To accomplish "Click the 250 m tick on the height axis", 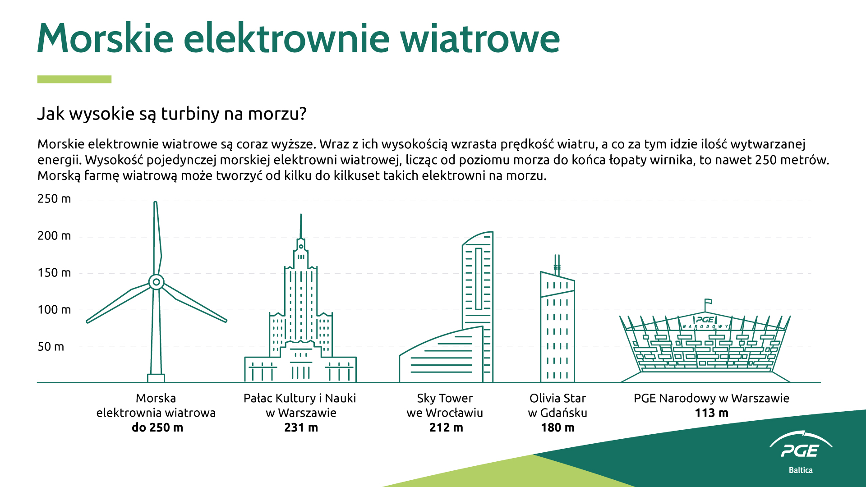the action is tap(54, 199).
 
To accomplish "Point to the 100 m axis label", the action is tap(54, 310).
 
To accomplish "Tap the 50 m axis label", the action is tap(51, 347).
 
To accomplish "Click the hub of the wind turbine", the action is tap(156, 282).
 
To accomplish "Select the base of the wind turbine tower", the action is tap(156, 378).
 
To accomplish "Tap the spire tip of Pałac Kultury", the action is tap(301, 215).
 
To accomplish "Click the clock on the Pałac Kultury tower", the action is tap(301, 247).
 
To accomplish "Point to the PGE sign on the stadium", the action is tap(705, 320).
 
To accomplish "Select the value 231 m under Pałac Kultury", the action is tap(301, 427).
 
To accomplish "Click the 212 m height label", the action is tap(446, 427).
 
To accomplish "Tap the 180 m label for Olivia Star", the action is tap(557, 427).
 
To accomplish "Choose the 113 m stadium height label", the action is tap(711, 413).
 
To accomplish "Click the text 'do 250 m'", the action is tap(157, 427).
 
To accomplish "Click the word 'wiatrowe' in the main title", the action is tap(480, 38).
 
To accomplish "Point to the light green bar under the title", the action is tap(74, 79).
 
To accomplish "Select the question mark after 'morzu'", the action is tap(303, 114).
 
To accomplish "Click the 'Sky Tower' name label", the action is tap(445, 398).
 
